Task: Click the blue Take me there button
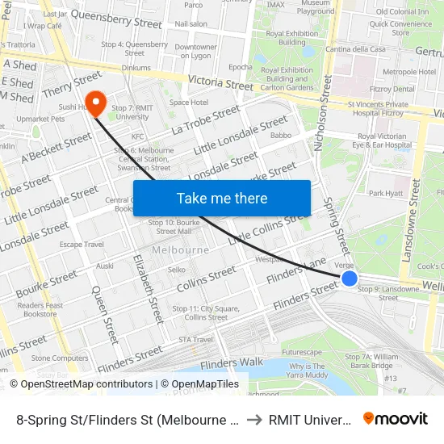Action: (222, 198)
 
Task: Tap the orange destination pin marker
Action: (96, 104)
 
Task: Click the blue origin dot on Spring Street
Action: (349, 279)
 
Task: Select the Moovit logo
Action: (396, 418)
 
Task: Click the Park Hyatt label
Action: (385, 194)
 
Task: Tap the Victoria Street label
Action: (220, 83)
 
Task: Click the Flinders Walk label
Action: (232, 363)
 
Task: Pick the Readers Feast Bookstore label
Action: (40, 309)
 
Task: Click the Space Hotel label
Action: (189, 103)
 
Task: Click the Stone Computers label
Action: (60, 358)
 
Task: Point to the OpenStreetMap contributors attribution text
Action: (81, 384)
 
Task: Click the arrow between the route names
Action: (254, 418)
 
